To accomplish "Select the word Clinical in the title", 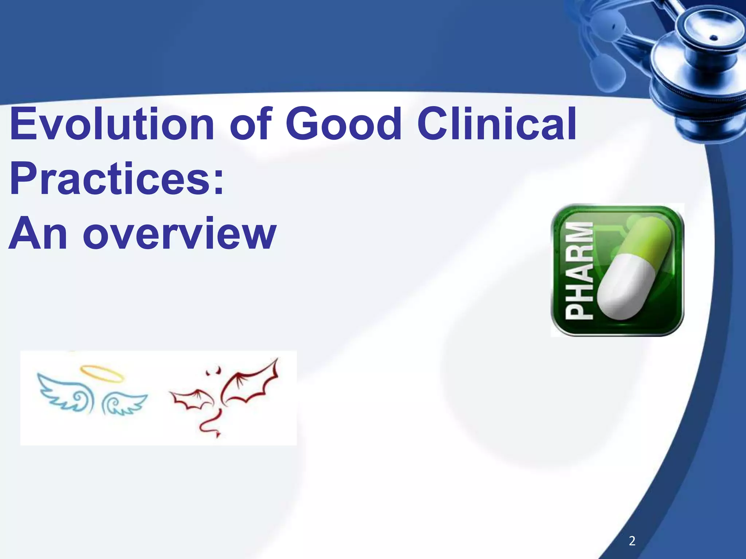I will click(497, 124).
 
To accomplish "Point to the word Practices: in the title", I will click(116, 179).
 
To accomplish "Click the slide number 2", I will click(632, 541).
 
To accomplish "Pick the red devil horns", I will click(213, 371).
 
